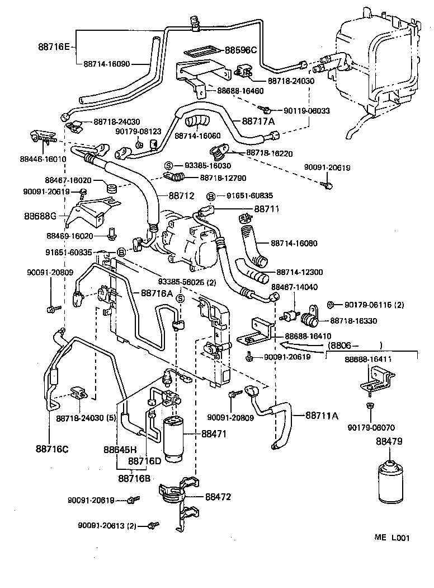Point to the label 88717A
[x=258, y=121]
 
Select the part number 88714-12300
[x=299, y=272]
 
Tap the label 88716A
[x=156, y=292]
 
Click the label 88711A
[x=322, y=416]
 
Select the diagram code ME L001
[x=392, y=538]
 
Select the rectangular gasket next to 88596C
[x=196, y=50]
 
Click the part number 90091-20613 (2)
[x=108, y=526]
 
